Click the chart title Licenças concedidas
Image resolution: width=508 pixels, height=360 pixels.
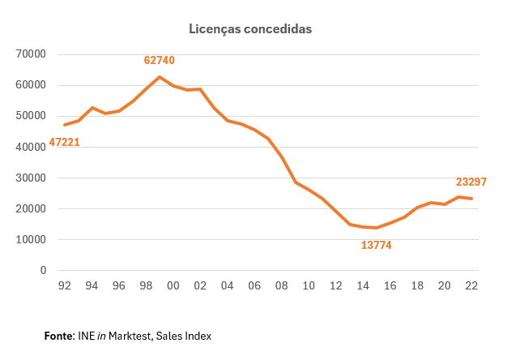pos(250,28)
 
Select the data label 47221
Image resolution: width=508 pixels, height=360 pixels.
pos(65,142)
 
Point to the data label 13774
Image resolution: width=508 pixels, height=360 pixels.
pos(377,244)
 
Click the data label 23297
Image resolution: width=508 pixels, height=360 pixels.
pos(472,182)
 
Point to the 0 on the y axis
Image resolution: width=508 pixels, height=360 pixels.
pos(43,271)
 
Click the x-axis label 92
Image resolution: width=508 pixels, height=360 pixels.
pos(65,285)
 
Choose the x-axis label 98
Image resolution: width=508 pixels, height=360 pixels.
pos(146,285)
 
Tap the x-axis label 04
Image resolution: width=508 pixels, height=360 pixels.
pos(228,285)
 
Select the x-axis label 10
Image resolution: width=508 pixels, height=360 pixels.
pos(309,285)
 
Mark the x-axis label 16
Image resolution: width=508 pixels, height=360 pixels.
pos(390,285)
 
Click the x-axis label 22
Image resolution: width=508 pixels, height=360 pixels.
pos(471,285)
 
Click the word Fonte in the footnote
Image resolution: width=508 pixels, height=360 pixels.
pos(58,336)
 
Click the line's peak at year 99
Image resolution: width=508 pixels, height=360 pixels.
pos(160,77)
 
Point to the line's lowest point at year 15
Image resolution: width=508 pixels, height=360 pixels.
pos(376,228)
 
